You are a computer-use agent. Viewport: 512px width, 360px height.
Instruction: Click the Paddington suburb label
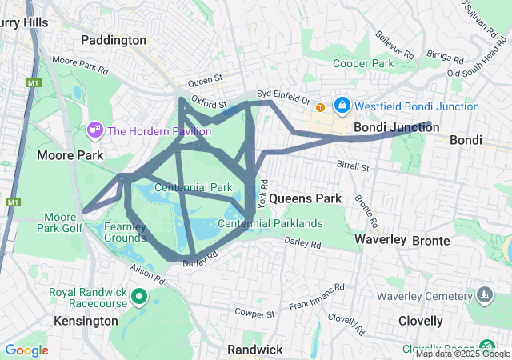coord(114,39)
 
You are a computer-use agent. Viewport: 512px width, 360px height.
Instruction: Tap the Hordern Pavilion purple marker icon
coord(95,130)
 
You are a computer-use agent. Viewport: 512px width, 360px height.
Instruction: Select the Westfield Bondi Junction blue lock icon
coord(342,105)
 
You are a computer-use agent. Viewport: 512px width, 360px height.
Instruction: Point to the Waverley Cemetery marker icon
coord(483,296)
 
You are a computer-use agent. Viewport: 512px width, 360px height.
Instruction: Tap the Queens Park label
coord(306,198)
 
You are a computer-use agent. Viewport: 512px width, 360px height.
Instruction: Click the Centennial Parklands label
coord(275,223)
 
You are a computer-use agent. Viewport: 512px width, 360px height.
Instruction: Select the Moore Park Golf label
coord(60,222)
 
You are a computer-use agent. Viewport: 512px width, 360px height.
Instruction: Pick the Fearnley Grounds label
coord(124,232)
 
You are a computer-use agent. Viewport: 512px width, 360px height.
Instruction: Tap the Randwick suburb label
coord(254,350)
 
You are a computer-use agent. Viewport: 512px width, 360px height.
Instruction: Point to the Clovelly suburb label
coord(421,321)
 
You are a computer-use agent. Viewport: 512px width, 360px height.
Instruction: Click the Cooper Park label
coord(364,63)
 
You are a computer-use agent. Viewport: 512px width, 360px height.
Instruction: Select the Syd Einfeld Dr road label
coord(282,97)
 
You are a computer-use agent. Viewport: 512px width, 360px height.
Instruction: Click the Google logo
coord(26,350)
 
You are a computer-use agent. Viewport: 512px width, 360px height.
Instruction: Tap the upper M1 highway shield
coord(32,82)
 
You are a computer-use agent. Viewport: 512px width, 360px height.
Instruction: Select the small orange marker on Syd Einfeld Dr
coord(320,107)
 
